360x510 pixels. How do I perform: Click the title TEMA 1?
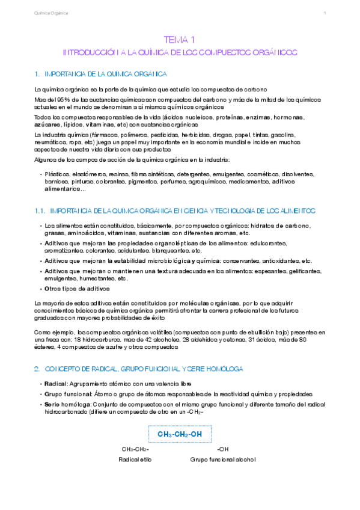point(179,40)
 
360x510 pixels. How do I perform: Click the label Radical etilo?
point(137,459)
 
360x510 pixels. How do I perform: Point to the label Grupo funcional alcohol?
point(223,459)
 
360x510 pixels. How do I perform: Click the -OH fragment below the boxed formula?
point(222,449)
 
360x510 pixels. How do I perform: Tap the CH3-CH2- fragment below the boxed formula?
point(135,449)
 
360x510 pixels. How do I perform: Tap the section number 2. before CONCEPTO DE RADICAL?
point(37,368)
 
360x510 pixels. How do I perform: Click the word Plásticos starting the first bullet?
point(57,174)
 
